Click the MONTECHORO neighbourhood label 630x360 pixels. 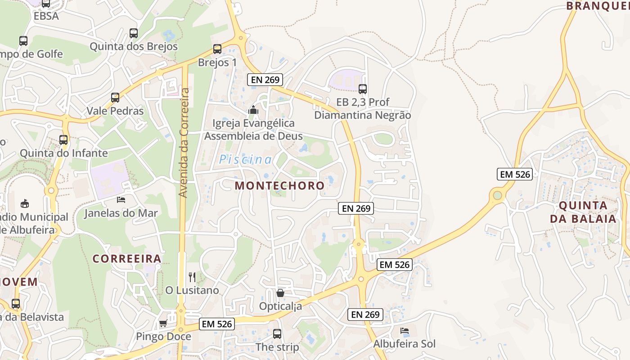tap(279, 185)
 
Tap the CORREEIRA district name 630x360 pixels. tap(127, 258)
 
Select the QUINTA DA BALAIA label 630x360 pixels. tap(587, 212)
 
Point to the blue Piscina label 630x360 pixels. tap(246, 159)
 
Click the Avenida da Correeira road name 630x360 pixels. tap(184, 143)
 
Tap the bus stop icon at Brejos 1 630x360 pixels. tap(217, 49)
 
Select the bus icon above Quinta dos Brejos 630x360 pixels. tap(134, 33)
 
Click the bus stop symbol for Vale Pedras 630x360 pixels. tap(115, 97)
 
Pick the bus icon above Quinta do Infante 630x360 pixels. tap(63, 139)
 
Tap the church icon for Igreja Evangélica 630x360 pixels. tap(253, 109)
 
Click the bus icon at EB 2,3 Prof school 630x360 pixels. tap(363, 89)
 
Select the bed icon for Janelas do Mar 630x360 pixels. tap(121, 199)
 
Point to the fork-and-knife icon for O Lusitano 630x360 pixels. tap(192, 277)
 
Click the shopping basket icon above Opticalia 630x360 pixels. tap(280, 293)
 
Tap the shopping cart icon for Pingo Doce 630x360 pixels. tap(163, 323)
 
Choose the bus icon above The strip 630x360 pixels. tap(277, 334)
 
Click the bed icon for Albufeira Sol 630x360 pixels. tap(405, 331)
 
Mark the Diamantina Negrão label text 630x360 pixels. tap(362, 115)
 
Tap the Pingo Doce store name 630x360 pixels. tap(163, 337)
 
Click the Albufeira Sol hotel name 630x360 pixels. tap(405, 344)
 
